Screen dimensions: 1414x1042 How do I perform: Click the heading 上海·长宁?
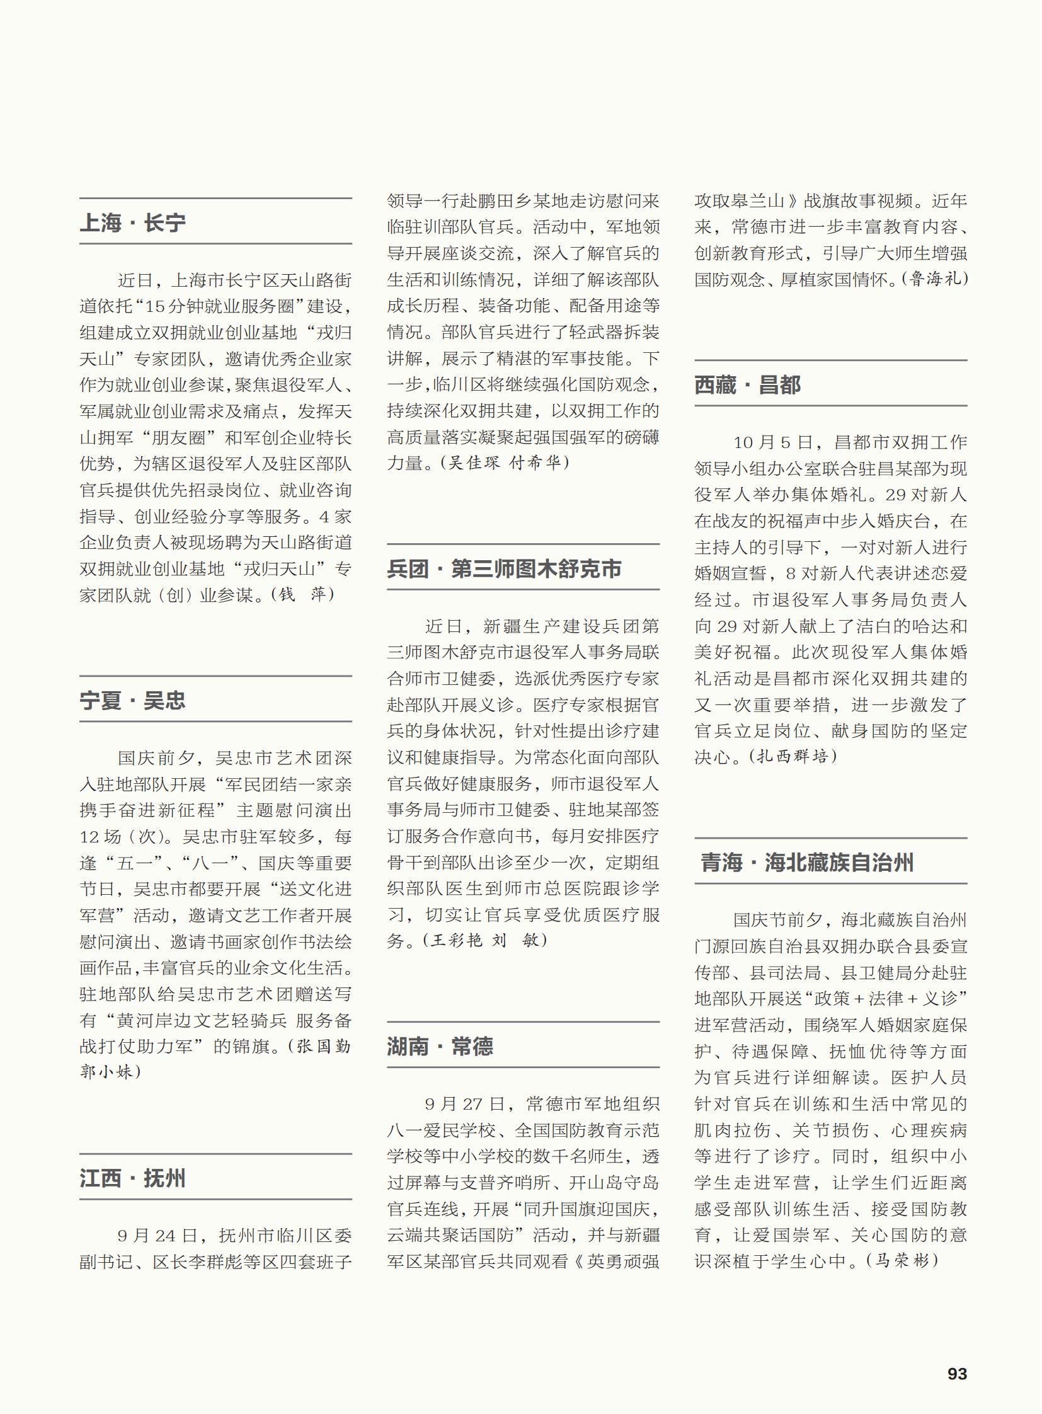pos(132,222)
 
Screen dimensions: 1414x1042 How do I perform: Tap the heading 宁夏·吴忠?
pos(132,700)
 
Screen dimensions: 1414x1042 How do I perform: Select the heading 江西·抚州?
pos(132,1178)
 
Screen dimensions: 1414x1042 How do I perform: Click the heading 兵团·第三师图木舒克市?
pos(504,569)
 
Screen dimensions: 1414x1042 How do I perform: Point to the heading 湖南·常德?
pos(440,1047)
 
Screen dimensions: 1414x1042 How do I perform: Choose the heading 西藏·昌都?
pos(747,385)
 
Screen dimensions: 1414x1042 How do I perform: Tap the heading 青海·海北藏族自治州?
pos(807,863)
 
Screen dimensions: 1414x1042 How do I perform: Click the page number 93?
pos(957,1374)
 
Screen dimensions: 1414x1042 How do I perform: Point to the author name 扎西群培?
pos(793,756)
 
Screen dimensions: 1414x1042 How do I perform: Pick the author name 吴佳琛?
pos(474,463)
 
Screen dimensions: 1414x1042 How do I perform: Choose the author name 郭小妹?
pos(106,1071)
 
